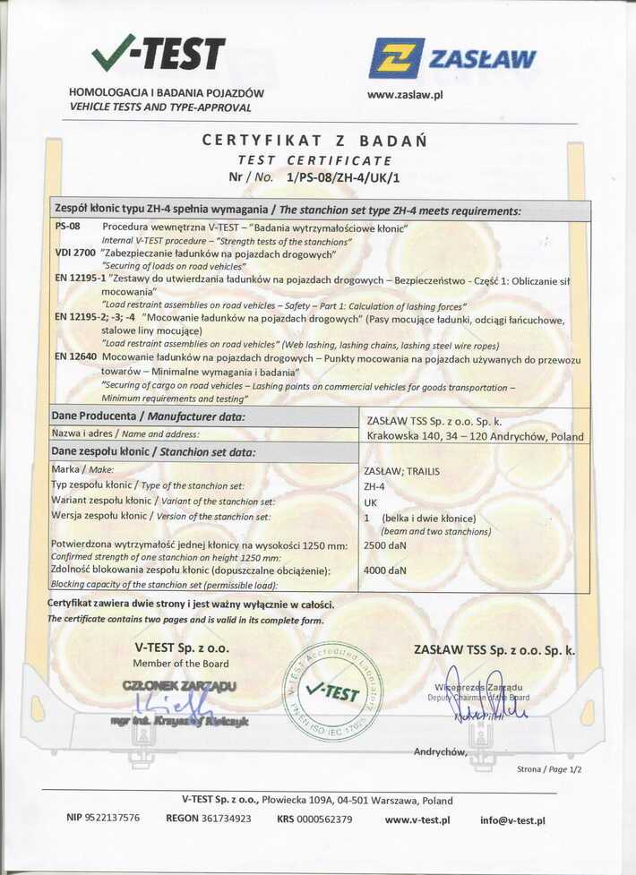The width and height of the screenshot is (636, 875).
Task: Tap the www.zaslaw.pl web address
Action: coord(406,95)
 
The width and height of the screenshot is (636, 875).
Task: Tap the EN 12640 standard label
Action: coord(74,357)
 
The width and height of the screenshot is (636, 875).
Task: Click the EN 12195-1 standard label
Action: coord(80,279)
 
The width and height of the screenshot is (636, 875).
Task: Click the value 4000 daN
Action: coord(385,570)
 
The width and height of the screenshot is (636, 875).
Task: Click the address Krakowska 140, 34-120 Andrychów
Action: coord(475,437)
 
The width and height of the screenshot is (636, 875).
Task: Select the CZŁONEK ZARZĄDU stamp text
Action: coord(178,686)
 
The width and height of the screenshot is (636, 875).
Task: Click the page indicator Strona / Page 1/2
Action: coord(549,769)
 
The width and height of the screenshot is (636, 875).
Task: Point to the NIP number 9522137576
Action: coord(103,819)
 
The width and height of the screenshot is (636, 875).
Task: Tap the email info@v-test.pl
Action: coord(512,819)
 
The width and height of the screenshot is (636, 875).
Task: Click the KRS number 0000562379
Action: coord(314,819)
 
